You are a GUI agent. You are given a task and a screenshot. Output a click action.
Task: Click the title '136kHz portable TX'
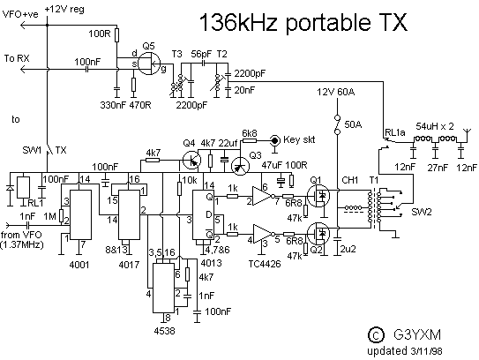click(x=303, y=23)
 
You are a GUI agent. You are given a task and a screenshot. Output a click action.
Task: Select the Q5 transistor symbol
click(x=149, y=64)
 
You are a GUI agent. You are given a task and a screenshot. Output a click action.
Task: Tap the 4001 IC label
click(x=79, y=264)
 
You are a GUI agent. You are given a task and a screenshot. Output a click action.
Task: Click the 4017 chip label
click(x=129, y=264)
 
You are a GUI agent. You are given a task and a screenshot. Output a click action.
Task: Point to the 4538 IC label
click(x=164, y=331)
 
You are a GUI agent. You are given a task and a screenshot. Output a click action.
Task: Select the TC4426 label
click(x=265, y=264)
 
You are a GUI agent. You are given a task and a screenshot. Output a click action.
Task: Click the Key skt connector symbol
click(x=275, y=140)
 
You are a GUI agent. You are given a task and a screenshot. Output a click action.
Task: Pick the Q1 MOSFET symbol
click(x=318, y=196)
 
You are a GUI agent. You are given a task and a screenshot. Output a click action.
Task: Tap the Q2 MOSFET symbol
click(x=318, y=233)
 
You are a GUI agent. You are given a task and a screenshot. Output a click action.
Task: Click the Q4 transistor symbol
click(x=191, y=160)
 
